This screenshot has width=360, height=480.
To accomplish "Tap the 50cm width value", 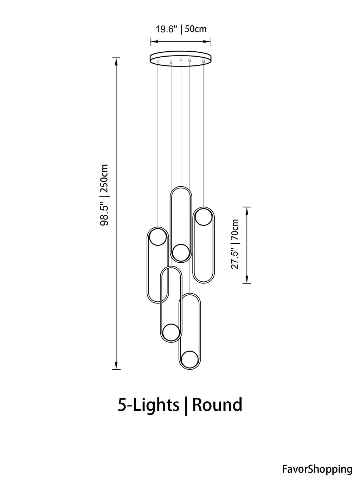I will (x=196, y=29).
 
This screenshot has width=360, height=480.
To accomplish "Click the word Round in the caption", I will (x=217, y=405).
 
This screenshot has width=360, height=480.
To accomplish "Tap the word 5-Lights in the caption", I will (x=148, y=405).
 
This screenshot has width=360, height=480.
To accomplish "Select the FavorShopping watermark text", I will (x=317, y=469).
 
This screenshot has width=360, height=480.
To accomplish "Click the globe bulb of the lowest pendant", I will (x=190, y=359).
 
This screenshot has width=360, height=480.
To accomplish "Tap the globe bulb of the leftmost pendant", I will (x=157, y=237).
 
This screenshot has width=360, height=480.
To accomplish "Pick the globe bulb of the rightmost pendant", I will (x=204, y=217).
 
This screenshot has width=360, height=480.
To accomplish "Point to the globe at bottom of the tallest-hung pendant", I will (x=181, y=252).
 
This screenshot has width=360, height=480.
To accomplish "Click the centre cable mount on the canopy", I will (x=181, y=59).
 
